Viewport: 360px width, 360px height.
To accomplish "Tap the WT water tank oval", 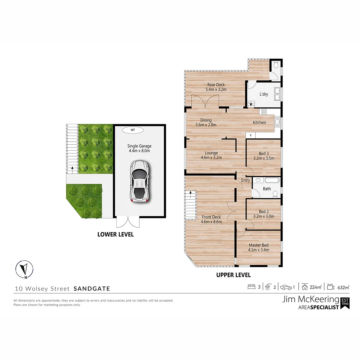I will pyautogui.click(x=133, y=130).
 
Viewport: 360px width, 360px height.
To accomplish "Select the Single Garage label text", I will pyautogui.click(x=139, y=148).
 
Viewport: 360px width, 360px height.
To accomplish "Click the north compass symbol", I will pyautogui.click(x=24, y=269).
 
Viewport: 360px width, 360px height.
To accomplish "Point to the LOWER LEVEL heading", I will pyautogui.click(x=115, y=234).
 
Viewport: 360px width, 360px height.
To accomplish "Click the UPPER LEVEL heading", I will pyautogui.click(x=233, y=275).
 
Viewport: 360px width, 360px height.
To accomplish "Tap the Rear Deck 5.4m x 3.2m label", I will pyautogui.click(x=216, y=87).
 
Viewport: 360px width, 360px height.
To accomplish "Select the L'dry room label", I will pyautogui.click(x=264, y=94).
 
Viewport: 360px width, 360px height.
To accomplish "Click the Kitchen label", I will pyautogui.click(x=259, y=122).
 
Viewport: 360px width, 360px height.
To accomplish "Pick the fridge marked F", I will pyautogui.click(x=251, y=135).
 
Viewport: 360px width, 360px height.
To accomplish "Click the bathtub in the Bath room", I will pyautogui.click(x=272, y=181).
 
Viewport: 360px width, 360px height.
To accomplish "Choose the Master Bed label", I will pyautogui.click(x=258, y=247).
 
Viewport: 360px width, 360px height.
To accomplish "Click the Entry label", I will pyautogui.click(x=246, y=180).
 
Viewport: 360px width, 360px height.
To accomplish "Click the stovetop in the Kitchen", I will pyautogui.click(x=264, y=112).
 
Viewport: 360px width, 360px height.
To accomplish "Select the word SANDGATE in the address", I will pyautogui.click(x=92, y=289).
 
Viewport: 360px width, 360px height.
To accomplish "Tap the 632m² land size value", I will pyautogui.click(x=343, y=287).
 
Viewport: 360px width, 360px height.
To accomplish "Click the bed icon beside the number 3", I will pyautogui.click(x=251, y=287).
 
